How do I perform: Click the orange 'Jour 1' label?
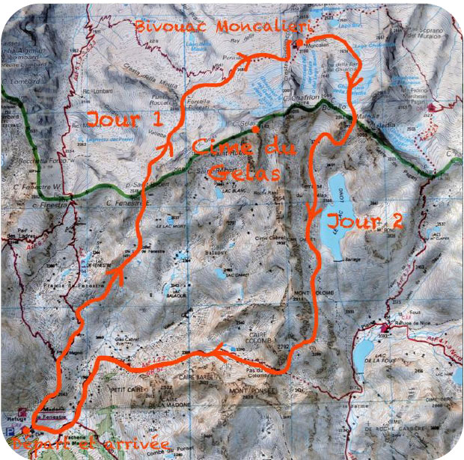point(123,119)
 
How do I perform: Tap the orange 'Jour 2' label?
point(366,221)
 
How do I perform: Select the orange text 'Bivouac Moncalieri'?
point(210,27)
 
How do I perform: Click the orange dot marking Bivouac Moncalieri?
point(298,44)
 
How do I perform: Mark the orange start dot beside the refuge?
point(25,430)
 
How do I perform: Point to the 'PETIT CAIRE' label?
point(119,388)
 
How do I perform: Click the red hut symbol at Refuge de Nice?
point(385,328)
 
